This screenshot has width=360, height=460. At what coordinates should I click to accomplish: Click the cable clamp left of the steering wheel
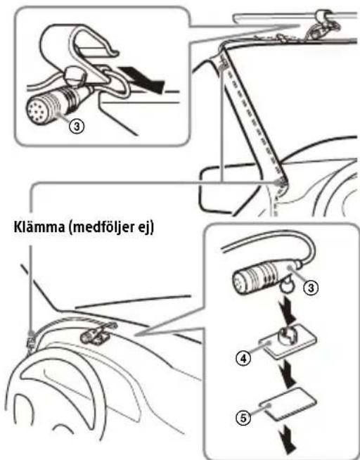[x=31, y=339]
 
